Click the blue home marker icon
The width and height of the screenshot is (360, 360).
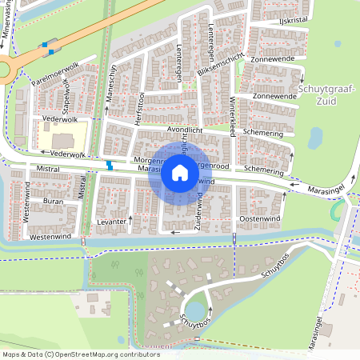(180, 173)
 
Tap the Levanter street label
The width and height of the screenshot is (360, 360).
(112, 220)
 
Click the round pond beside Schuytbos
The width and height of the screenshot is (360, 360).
(194, 309)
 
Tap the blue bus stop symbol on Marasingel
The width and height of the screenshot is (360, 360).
(110, 166)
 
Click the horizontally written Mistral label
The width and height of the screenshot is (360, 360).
(48, 170)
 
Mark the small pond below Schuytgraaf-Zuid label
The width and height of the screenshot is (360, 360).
(314, 138)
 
